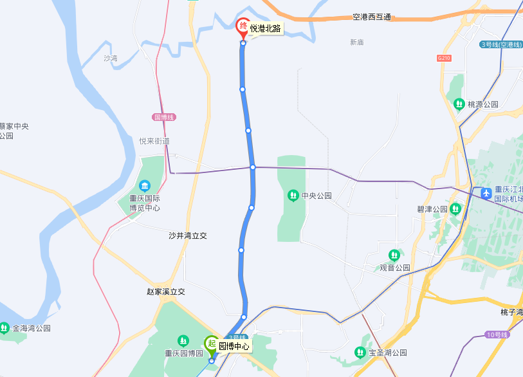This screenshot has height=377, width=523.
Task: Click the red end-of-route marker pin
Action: click(243, 27)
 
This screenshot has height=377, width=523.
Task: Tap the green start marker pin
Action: click(211, 345)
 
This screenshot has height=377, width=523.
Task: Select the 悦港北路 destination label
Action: click(265, 28)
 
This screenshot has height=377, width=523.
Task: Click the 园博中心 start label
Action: click(234, 346)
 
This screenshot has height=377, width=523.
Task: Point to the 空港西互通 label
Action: click(372, 17)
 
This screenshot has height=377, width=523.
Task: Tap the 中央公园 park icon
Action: click(293, 195)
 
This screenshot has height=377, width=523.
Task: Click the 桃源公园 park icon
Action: click(459, 104)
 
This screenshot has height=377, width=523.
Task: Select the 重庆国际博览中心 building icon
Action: click(144, 186)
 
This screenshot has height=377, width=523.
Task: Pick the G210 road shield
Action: click(444, 58)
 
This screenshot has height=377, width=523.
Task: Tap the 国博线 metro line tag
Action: click(164, 117)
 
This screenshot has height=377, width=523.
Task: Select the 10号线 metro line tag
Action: click(497, 335)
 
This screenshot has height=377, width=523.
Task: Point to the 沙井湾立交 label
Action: click(188, 236)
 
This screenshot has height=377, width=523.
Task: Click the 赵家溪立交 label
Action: click(166, 291)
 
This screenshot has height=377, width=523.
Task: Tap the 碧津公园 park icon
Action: click(455, 208)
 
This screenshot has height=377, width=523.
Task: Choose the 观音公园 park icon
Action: click(394, 255)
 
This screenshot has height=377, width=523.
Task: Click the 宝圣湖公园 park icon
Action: click(360, 352)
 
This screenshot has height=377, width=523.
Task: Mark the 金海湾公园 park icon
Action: click(5, 328)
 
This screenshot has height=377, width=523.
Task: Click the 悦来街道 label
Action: click(154, 141)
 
